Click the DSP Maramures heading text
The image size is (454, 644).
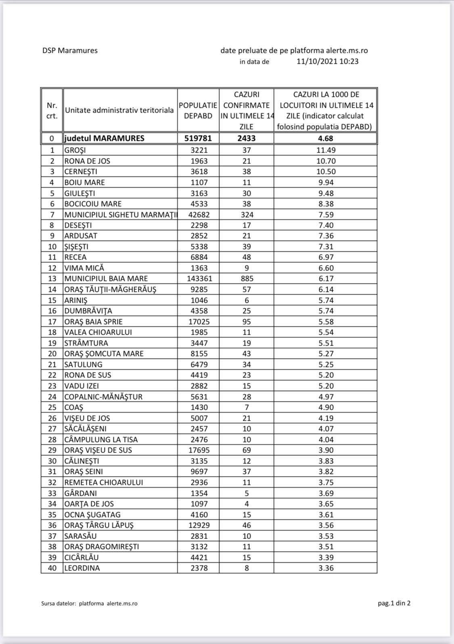coord(70,50)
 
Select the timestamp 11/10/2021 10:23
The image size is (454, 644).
coord(327,61)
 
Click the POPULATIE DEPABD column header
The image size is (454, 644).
coord(198,110)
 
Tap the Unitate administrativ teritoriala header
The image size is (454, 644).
coord(119,110)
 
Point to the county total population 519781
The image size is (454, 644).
coord(198,138)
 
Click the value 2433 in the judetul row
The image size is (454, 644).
coord(247,138)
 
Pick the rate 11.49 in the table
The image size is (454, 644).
coord(326,150)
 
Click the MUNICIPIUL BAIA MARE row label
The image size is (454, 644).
coord(106,279)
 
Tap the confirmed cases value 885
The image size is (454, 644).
coord(247,279)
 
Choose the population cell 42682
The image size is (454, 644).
coord(198,214)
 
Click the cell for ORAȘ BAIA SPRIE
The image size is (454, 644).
coord(94,321)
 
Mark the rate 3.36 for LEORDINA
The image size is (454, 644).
coord(326,568)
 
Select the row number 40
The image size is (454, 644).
coord(52,568)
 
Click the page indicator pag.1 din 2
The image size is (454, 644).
coord(394,603)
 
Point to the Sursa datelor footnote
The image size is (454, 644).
coord(89,604)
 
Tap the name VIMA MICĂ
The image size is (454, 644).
coord(84,268)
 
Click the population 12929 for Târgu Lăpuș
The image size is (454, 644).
coord(198,525)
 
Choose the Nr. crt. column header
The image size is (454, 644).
coord(52,110)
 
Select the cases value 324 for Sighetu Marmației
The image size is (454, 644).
coord(247,214)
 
